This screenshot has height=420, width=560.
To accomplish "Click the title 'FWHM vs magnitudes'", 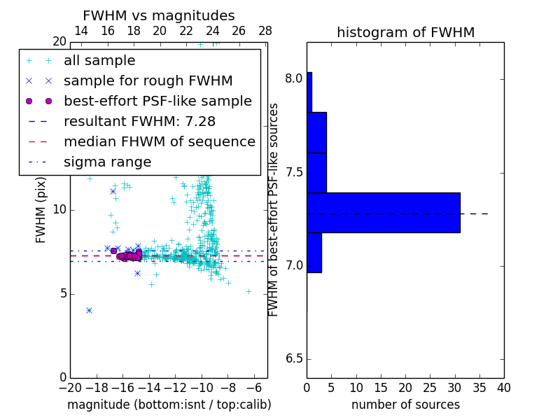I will [x=159, y=15].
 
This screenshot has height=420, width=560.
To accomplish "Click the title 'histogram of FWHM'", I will [x=405, y=32].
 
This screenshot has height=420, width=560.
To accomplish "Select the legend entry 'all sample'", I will [x=99, y=61].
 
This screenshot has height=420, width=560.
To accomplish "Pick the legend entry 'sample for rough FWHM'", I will [x=148, y=81].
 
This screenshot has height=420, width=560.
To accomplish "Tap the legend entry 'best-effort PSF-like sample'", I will [x=157, y=101].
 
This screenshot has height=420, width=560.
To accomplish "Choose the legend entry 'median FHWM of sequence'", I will [x=159, y=142].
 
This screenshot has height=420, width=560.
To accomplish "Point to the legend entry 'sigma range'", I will [x=107, y=162].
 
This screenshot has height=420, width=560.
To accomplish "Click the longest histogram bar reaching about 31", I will [x=383, y=212].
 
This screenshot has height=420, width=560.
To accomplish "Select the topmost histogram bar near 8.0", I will [x=309, y=92].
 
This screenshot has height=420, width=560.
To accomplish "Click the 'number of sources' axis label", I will [x=405, y=405].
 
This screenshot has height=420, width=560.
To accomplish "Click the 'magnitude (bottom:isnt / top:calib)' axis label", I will [x=169, y=405].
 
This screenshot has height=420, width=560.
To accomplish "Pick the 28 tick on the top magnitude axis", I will [x=265, y=31].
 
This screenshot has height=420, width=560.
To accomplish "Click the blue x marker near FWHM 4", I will [x=89, y=310].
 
